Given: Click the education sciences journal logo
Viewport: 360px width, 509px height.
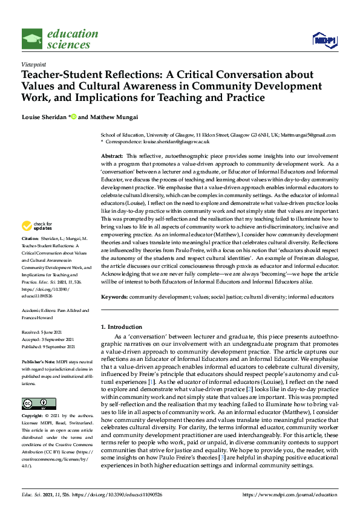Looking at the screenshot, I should point(60,38).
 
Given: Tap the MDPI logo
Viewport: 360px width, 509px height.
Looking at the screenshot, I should point(324,40).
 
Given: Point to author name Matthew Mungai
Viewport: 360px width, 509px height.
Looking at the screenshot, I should point(119,117).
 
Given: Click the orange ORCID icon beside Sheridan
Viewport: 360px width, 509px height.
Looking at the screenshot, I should point(74,117).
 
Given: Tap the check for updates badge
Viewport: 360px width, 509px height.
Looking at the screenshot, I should point(36,226).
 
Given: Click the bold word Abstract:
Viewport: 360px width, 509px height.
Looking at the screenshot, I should point(112,156).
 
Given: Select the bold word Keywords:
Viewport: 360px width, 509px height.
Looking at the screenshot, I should point(114,297).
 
